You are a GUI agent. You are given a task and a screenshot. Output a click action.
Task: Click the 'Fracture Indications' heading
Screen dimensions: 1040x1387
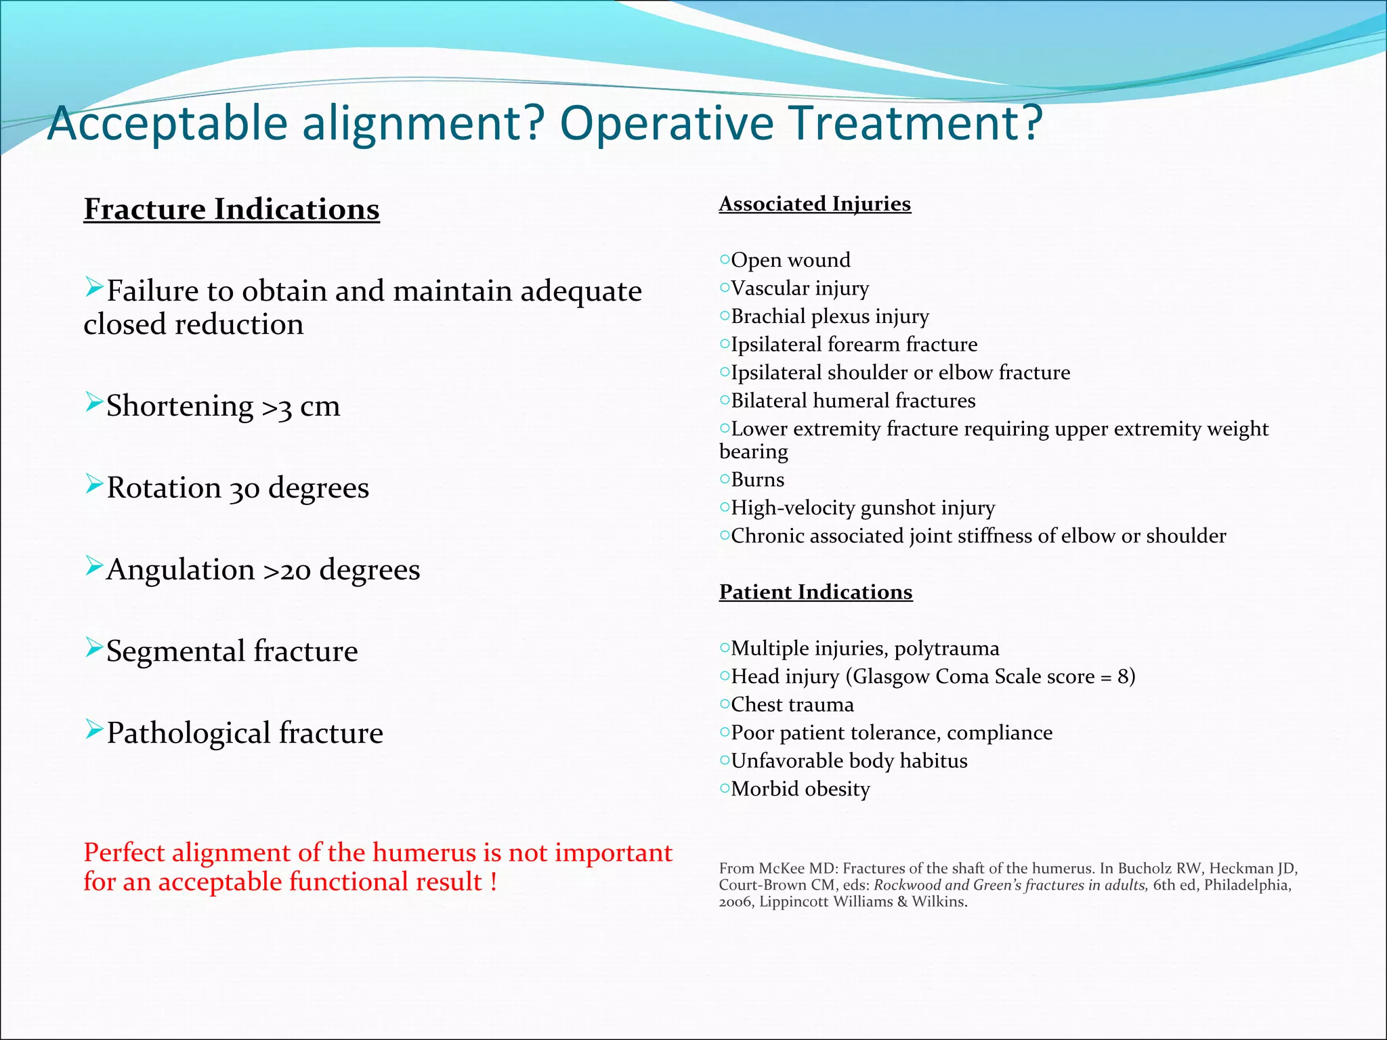point(232,209)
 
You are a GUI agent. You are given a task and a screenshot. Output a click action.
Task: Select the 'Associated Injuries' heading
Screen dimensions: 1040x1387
point(815,204)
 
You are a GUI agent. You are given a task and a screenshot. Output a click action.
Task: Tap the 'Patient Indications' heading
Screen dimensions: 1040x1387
point(815,592)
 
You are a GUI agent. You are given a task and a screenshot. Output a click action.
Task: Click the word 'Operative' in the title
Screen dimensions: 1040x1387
point(666,123)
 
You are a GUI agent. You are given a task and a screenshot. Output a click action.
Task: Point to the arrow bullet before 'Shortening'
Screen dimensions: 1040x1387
point(93,402)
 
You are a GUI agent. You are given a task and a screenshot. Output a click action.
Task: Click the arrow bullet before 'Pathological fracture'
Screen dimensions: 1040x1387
point(93,729)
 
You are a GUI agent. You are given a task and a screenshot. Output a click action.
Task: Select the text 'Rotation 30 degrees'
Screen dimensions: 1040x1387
point(237,488)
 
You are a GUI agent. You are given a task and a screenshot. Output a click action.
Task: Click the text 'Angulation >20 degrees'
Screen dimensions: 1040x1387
point(263,570)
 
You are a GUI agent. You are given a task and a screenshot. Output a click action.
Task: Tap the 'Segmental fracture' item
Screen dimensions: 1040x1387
point(232,651)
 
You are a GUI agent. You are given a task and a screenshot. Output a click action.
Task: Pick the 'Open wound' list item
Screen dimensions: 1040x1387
point(790,260)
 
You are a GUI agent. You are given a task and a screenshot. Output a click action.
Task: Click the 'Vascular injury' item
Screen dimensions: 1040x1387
point(799,288)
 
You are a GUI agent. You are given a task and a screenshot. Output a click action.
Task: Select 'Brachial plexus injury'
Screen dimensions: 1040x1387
point(830,316)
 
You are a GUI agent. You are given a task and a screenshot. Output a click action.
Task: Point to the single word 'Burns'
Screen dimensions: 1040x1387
point(757,480)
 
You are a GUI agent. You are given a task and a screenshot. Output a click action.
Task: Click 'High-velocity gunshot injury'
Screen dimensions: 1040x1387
point(863,508)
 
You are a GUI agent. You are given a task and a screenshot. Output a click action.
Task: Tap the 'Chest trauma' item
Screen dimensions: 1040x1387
point(792,705)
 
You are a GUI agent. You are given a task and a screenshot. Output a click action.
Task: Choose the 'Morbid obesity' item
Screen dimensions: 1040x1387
point(800,789)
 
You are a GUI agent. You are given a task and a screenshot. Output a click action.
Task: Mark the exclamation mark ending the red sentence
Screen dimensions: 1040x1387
point(494,882)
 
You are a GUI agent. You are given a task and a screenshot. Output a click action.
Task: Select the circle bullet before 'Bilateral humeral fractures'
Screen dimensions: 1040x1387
point(725,400)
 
